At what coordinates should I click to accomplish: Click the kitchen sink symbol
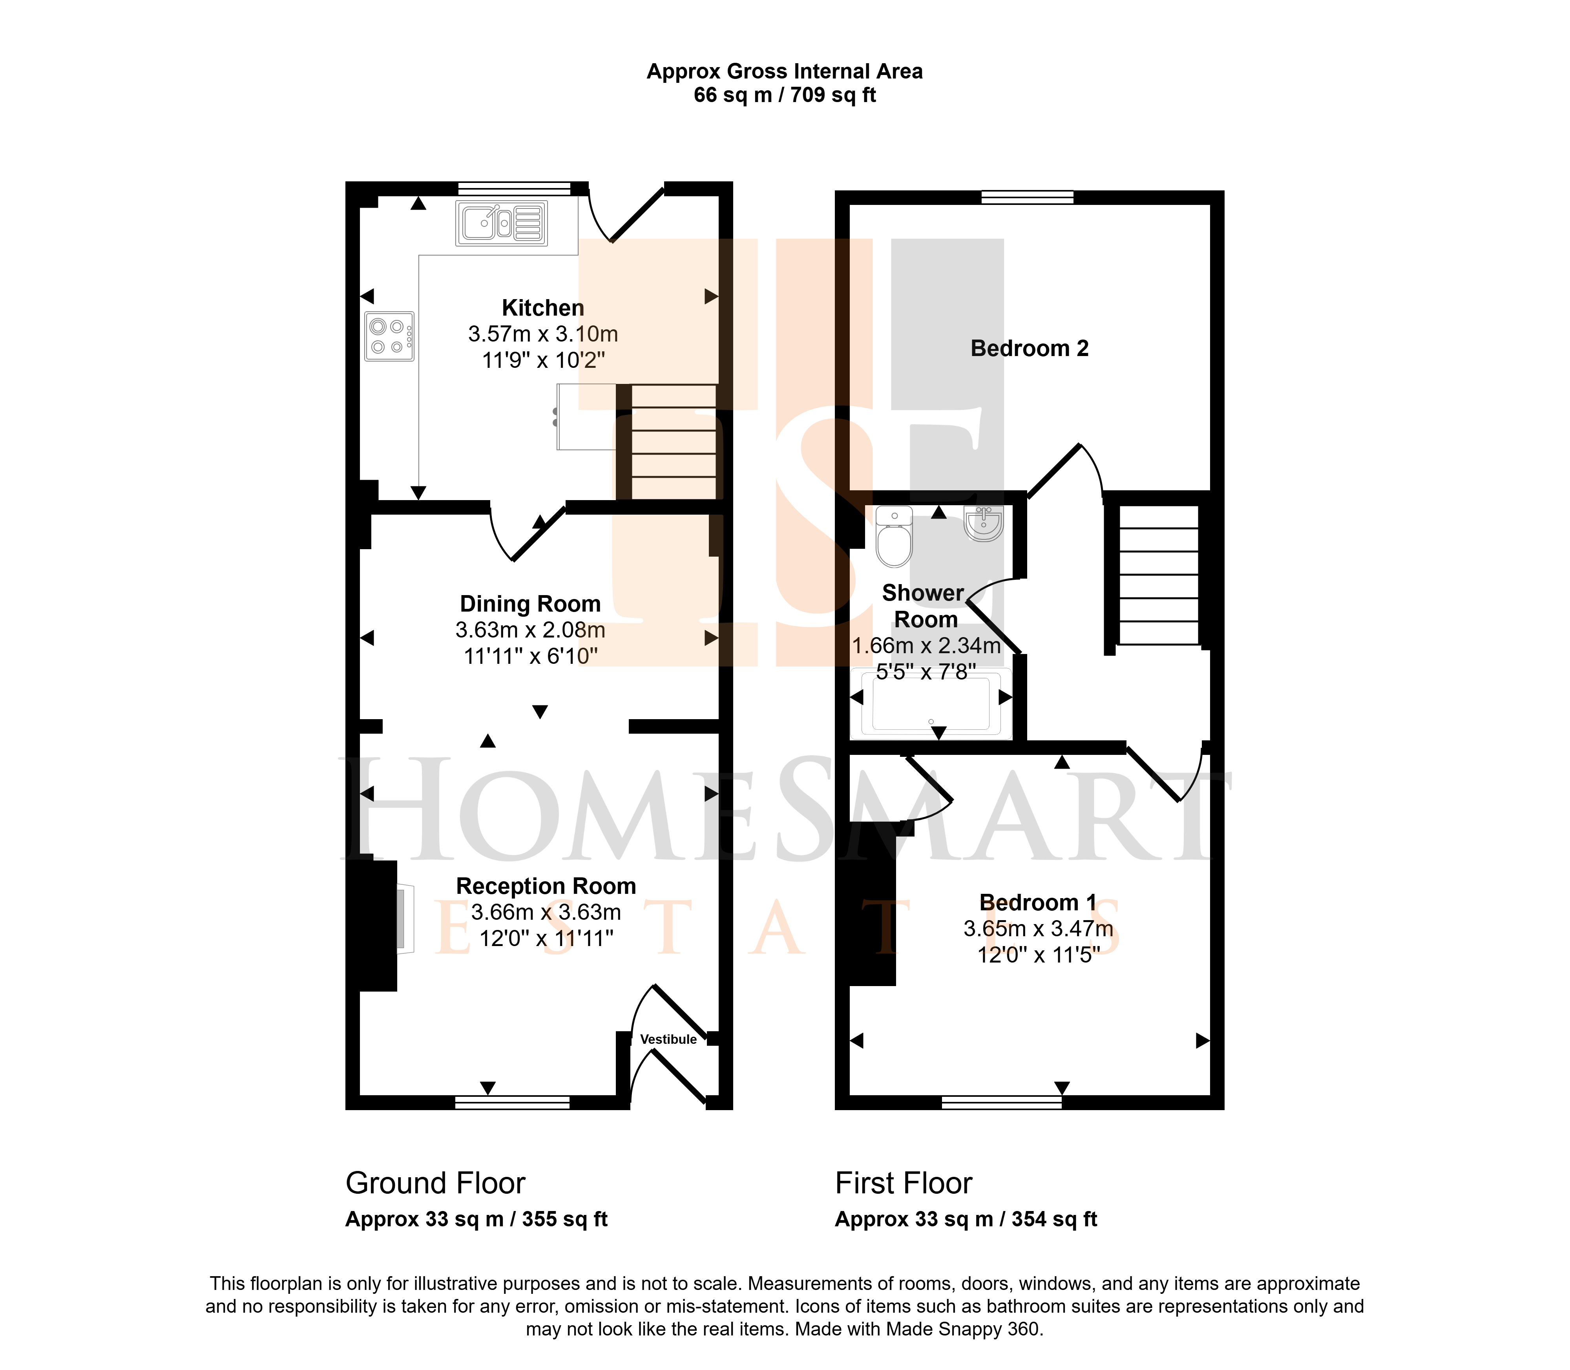pos(502,223)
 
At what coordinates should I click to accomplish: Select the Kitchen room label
pos(543,308)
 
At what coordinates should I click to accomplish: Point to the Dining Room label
pos(531,604)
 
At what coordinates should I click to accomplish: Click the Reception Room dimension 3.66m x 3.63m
pos(546,912)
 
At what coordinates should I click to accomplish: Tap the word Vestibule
pos(668,1039)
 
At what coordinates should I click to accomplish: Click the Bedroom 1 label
pos(1038,903)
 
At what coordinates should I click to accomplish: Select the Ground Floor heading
pos(436,1184)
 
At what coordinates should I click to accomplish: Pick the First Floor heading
pos(904,1184)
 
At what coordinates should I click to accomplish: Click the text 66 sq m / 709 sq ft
pos(785,95)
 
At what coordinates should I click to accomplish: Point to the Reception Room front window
pos(512,1102)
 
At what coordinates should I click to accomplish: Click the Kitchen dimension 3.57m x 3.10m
pos(543,334)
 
